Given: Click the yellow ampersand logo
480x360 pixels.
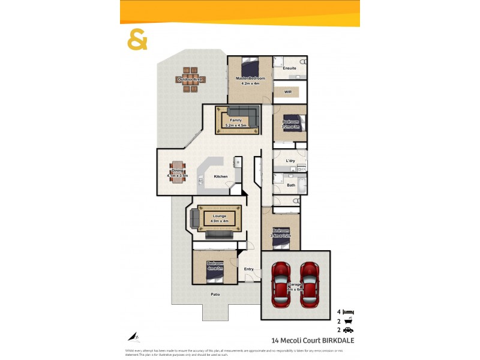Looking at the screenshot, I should (x=137, y=40).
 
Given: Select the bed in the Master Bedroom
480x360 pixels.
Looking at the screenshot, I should (x=250, y=65).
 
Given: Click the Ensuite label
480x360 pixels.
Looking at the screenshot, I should (x=290, y=68).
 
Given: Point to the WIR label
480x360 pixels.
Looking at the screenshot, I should (x=288, y=92).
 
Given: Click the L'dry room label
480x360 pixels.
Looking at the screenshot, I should (x=290, y=161).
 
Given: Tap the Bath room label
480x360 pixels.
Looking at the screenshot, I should (x=290, y=185).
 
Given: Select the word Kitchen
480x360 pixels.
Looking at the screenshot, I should (x=221, y=176).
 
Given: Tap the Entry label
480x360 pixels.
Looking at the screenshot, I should (x=249, y=269).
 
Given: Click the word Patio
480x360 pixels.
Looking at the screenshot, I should (x=215, y=295).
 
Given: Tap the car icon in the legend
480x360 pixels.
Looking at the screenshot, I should (x=349, y=331).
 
